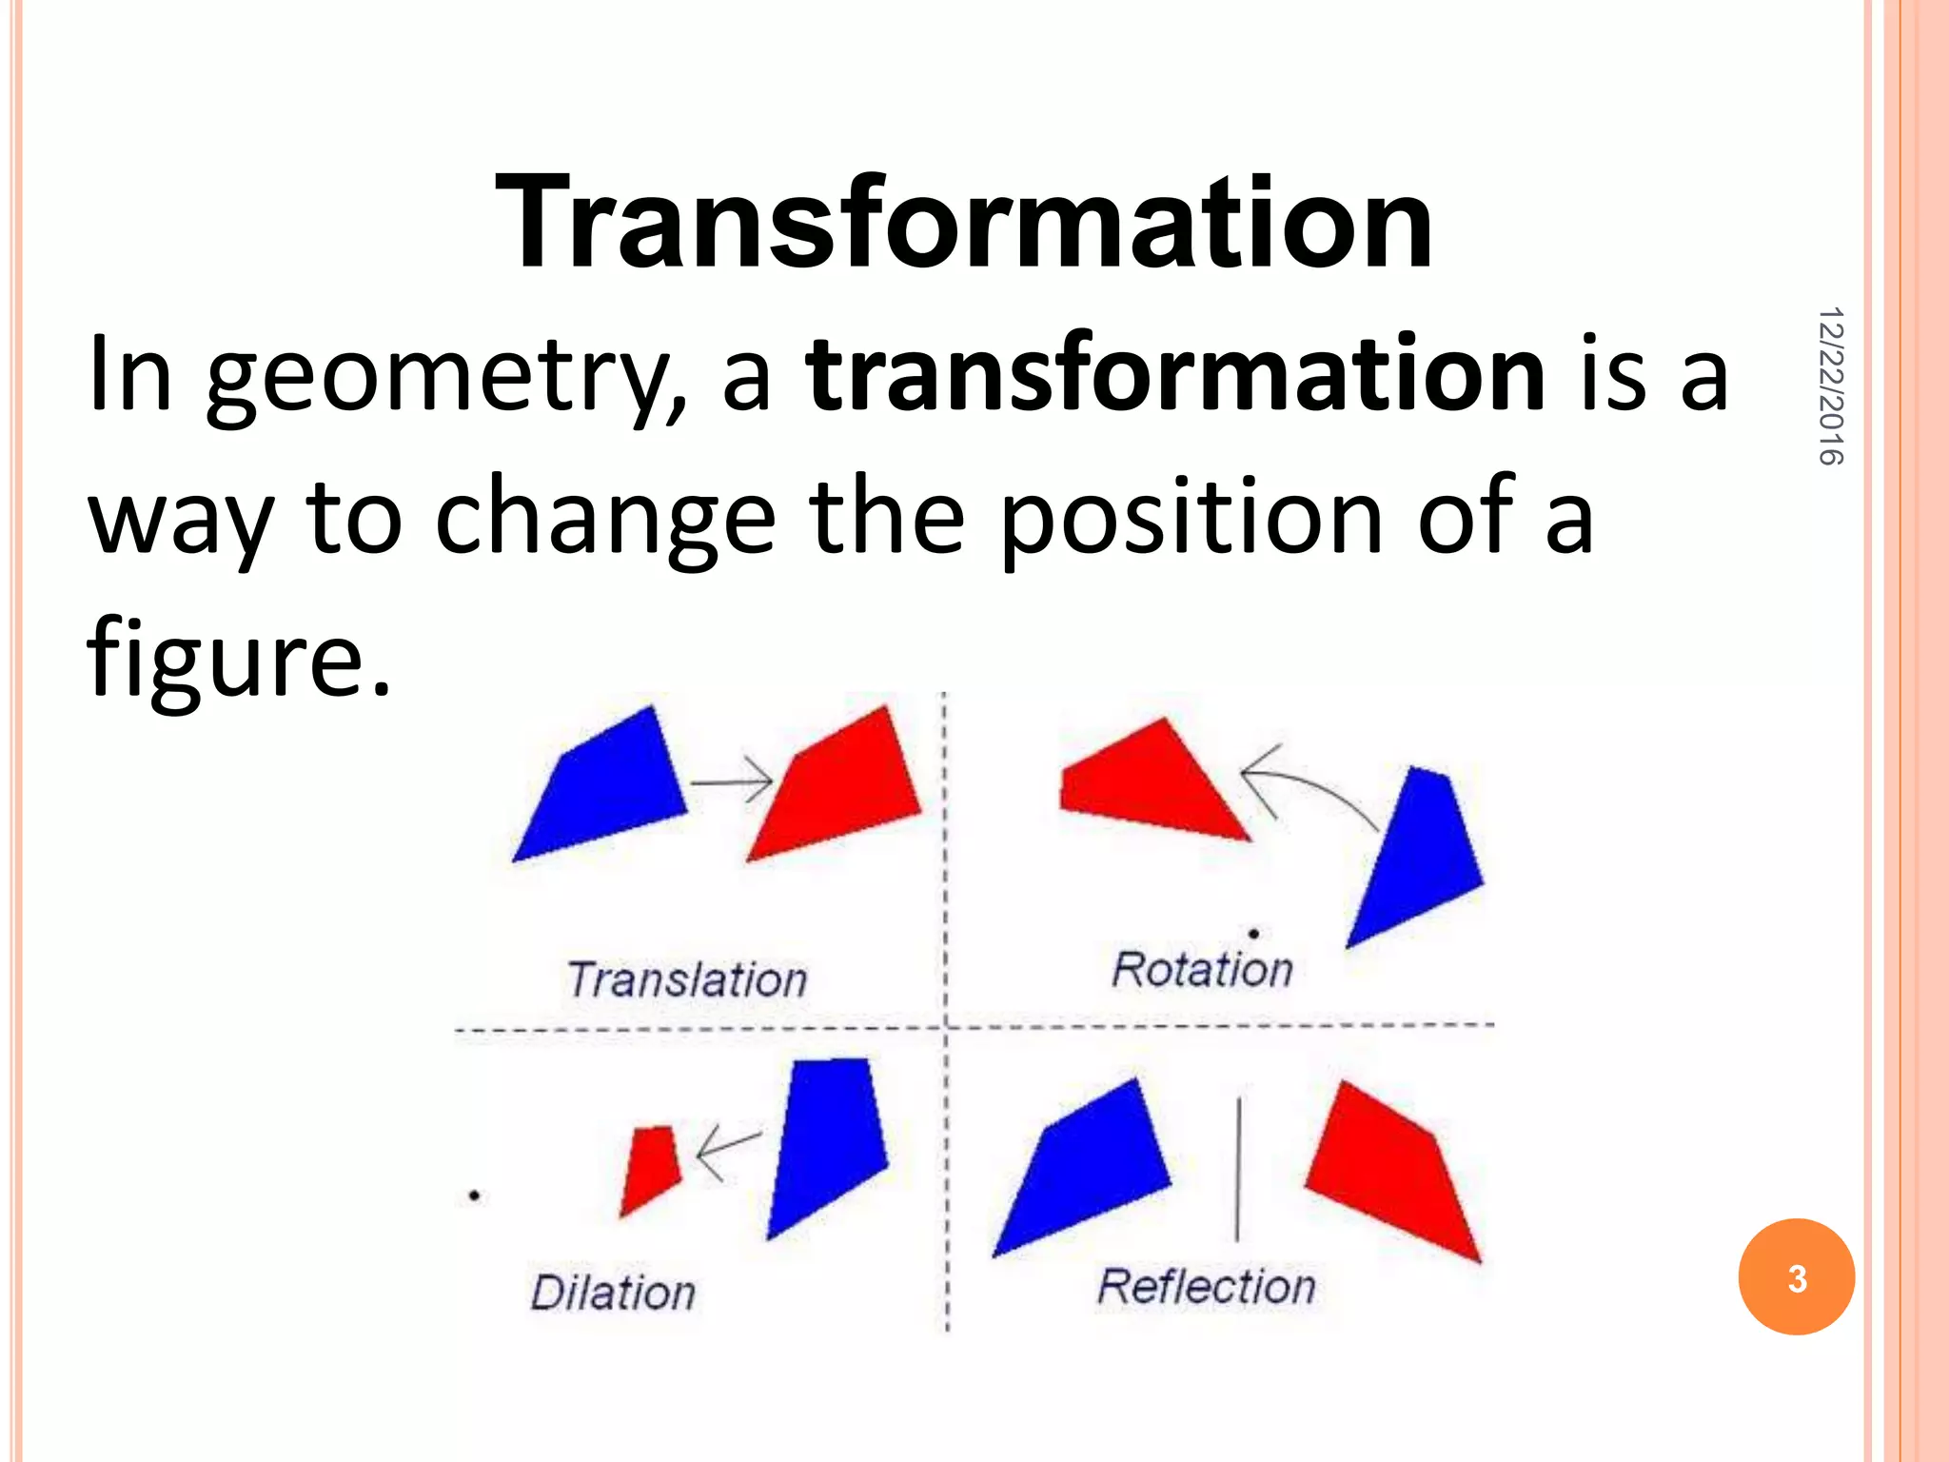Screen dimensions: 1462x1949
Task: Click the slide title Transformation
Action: click(x=963, y=225)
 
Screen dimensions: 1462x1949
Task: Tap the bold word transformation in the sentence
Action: click(x=1175, y=375)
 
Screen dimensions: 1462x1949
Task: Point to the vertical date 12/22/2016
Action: click(x=1829, y=385)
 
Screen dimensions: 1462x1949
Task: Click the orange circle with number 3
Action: click(x=1796, y=1276)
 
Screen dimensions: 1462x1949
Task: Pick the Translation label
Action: click(x=687, y=979)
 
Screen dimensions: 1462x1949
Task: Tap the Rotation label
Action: click(x=1202, y=970)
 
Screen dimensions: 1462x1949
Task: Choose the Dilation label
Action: click(x=613, y=1293)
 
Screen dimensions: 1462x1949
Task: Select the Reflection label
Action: click(x=1206, y=1287)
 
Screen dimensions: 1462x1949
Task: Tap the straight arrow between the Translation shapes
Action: click(x=732, y=781)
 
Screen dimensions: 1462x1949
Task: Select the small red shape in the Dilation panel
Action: click(x=650, y=1165)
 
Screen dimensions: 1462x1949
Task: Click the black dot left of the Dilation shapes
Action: click(x=474, y=1195)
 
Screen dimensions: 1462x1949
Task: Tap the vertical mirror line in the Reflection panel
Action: click(x=1237, y=1169)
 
